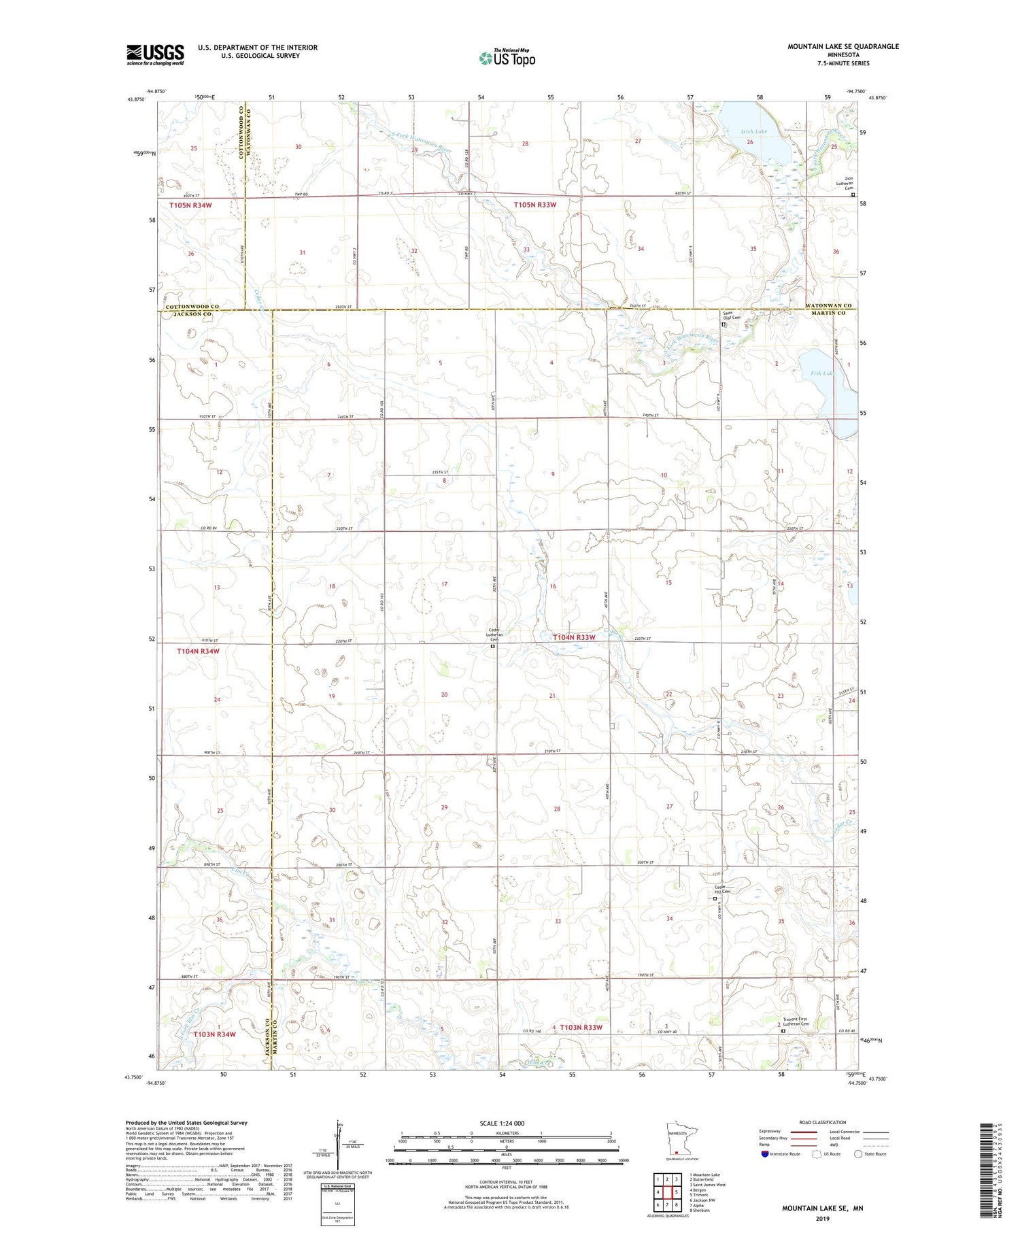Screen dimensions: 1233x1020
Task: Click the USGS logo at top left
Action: pos(155,54)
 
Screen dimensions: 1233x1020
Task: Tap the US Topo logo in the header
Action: pos(507,58)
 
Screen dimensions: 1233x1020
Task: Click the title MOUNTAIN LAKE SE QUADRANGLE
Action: pos(843,46)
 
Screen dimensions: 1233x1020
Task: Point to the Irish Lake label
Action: pos(754,131)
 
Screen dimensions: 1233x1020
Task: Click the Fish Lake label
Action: pos(821,373)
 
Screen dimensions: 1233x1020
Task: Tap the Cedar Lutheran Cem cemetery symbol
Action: pos(494,647)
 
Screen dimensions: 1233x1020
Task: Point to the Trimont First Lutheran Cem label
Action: pos(789,1024)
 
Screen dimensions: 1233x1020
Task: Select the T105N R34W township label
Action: pos(190,205)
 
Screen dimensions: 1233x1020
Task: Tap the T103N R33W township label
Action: pos(581,1027)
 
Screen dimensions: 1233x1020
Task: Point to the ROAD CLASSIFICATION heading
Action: pos(822,1122)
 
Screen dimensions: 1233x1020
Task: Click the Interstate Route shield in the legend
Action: pos(765,1153)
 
